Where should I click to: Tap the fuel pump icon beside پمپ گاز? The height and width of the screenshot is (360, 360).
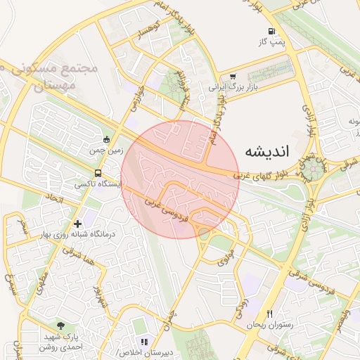coord(271,32)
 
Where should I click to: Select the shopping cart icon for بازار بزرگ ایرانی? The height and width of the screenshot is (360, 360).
coord(233,77)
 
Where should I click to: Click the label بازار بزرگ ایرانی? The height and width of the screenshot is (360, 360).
coord(233,89)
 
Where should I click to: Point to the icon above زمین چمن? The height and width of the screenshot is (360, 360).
coord(106,139)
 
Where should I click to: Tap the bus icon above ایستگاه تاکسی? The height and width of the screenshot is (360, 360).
coord(97,173)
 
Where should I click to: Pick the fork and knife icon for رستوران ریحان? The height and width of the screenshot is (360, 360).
coord(269,314)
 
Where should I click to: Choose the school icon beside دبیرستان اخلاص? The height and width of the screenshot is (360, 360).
coord(144,342)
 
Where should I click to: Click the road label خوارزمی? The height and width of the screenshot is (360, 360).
coord(136,98)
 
